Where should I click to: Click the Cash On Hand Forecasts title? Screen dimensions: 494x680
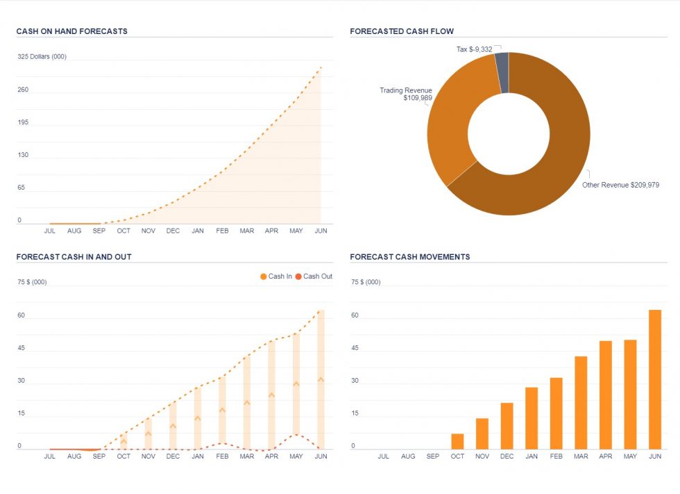(71, 31)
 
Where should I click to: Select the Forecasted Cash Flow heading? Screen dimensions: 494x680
(402, 31)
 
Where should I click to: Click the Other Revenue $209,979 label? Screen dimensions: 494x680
(620, 186)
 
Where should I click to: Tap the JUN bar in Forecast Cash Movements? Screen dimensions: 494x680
(655, 379)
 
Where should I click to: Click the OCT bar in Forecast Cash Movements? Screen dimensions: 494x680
(457, 441)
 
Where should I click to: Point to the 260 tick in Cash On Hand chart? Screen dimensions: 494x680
(23, 90)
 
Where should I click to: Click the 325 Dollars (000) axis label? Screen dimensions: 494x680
(42, 57)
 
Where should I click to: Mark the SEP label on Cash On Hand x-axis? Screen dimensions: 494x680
(99, 231)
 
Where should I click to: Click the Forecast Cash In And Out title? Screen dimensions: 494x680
(74, 256)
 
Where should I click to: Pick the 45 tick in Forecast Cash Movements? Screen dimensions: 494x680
(355, 348)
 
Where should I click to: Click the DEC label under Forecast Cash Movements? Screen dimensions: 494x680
(507, 456)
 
